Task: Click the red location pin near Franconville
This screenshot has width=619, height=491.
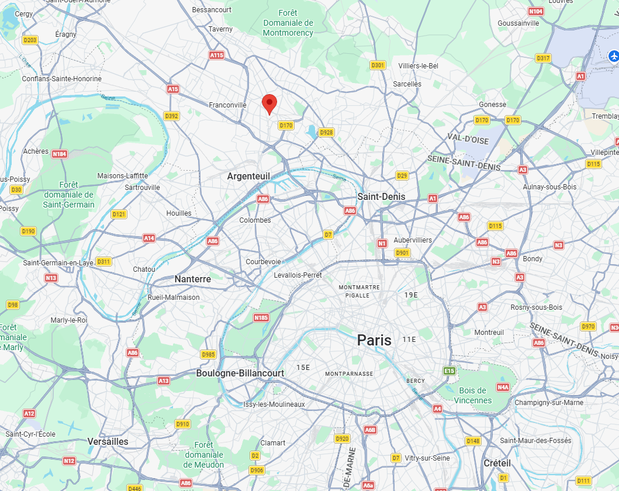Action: (x=269, y=103)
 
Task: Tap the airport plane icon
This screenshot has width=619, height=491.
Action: (x=614, y=56)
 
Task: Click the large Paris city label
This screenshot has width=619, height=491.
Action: (x=375, y=340)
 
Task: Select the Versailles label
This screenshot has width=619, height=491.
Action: (x=108, y=441)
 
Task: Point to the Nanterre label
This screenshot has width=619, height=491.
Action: (x=192, y=279)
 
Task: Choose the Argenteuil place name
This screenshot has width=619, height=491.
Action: (x=249, y=176)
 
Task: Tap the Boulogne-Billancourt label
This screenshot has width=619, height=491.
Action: (x=240, y=373)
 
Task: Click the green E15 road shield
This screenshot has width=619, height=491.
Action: (x=449, y=371)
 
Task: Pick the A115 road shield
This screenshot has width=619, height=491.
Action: (x=216, y=55)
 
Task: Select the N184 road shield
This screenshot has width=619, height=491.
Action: (x=60, y=154)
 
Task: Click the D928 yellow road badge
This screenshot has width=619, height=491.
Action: (x=326, y=133)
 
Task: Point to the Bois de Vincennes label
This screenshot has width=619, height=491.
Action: (x=473, y=395)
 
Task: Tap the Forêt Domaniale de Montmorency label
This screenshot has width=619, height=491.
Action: (x=288, y=23)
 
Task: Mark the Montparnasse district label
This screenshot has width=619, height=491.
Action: (x=349, y=374)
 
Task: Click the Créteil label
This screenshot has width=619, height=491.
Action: (x=497, y=463)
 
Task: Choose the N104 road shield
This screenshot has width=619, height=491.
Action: (x=535, y=12)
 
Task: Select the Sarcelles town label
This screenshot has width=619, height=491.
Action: (x=407, y=84)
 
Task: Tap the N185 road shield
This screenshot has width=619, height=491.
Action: (x=261, y=317)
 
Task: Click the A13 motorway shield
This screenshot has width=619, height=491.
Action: (x=164, y=381)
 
